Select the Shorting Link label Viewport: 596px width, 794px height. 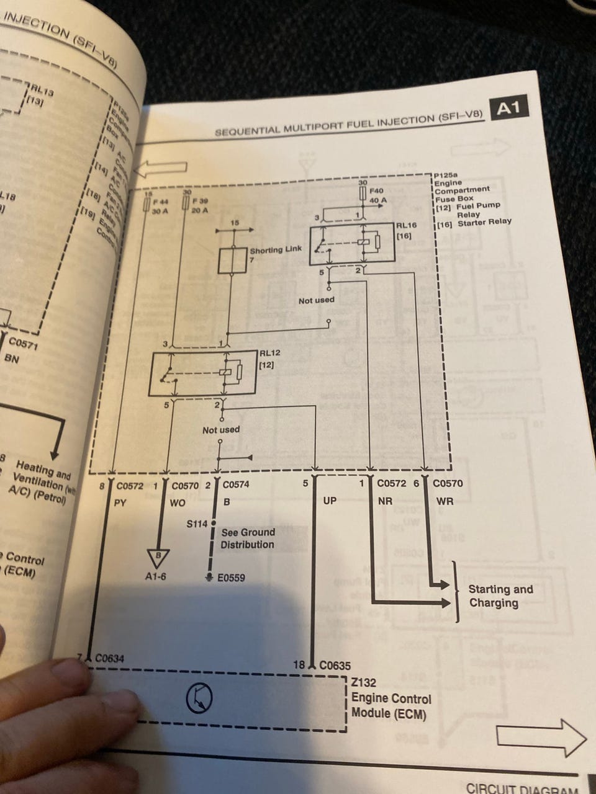click(x=276, y=250)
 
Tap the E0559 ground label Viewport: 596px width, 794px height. click(x=232, y=578)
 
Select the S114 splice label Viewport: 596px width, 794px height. click(x=197, y=524)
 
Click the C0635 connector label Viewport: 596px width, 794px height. click(x=335, y=666)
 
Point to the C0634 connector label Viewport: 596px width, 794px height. click(x=109, y=658)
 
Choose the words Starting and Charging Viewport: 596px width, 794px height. click(x=500, y=596)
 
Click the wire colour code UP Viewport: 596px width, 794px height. click(x=330, y=501)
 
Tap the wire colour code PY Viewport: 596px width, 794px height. click(x=120, y=503)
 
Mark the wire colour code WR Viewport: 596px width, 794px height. click(x=445, y=501)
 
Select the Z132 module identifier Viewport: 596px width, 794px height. click(x=364, y=682)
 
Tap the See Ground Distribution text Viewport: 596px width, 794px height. click(x=248, y=538)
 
